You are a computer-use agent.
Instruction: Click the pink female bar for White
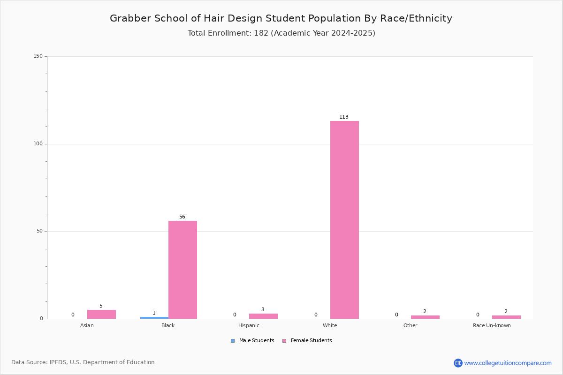point(344,220)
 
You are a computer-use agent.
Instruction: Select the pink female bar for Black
point(183,270)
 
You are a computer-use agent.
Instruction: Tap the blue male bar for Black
point(154,318)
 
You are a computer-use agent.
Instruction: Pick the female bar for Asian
point(101,314)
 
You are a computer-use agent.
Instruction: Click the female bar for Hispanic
point(263,316)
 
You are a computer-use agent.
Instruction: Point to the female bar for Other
point(425,317)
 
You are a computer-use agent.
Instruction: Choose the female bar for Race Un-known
point(506,317)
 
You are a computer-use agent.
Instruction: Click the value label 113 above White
point(344,117)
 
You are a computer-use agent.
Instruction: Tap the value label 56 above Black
point(182,217)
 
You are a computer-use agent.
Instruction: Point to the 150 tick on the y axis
point(38,56)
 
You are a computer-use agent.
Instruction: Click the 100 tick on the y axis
point(38,144)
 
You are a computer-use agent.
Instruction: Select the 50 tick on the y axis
point(39,231)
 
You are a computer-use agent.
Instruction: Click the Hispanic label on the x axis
point(249,325)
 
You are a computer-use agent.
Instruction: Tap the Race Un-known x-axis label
point(492,325)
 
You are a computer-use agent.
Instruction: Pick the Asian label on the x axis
point(87,325)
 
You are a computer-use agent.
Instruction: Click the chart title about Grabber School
point(281,18)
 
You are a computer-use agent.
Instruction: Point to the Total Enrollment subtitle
point(281,33)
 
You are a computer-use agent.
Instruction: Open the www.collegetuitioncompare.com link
point(508,363)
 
